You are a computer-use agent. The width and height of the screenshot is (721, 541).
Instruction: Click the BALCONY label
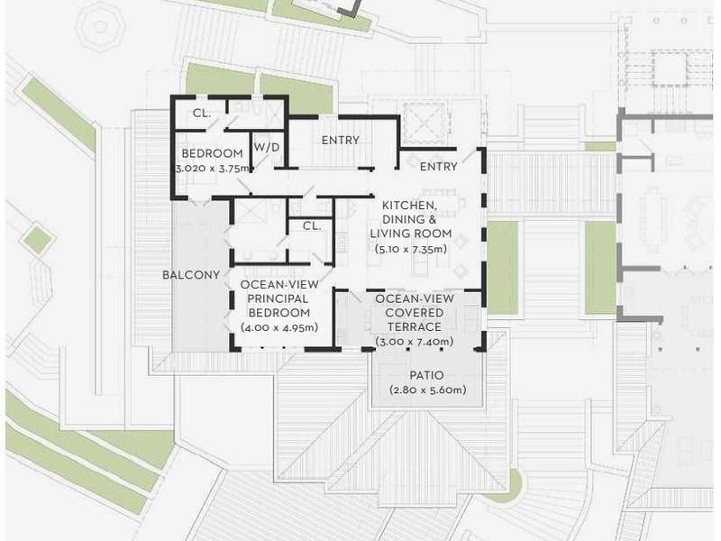[191, 275]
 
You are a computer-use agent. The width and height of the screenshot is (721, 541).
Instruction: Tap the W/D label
[267, 147]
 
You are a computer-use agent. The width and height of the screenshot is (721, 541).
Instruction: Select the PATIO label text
[426, 375]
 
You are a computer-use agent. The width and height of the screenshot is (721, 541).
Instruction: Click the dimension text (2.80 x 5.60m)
[427, 390]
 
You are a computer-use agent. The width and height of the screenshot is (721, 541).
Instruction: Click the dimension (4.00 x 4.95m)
[279, 327]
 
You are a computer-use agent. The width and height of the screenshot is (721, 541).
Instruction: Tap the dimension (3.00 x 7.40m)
[415, 342]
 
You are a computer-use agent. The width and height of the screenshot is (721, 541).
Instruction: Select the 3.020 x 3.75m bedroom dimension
[213, 168]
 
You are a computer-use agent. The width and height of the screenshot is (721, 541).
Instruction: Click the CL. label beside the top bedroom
[202, 114]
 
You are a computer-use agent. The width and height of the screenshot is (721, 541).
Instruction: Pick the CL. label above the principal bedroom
[312, 226]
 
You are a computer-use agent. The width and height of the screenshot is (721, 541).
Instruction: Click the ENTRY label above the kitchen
[439, 166]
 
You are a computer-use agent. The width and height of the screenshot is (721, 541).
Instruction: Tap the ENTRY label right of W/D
[341, 140]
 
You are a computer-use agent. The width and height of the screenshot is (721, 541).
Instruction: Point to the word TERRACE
[415, 326]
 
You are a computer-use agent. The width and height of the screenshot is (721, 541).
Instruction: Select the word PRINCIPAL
[278, 298]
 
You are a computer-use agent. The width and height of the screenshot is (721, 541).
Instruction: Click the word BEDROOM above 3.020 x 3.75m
[213, 153]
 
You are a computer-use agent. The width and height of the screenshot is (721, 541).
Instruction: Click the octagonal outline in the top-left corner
[100, 27]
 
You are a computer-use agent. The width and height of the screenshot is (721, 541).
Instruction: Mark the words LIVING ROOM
[411, 234]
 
